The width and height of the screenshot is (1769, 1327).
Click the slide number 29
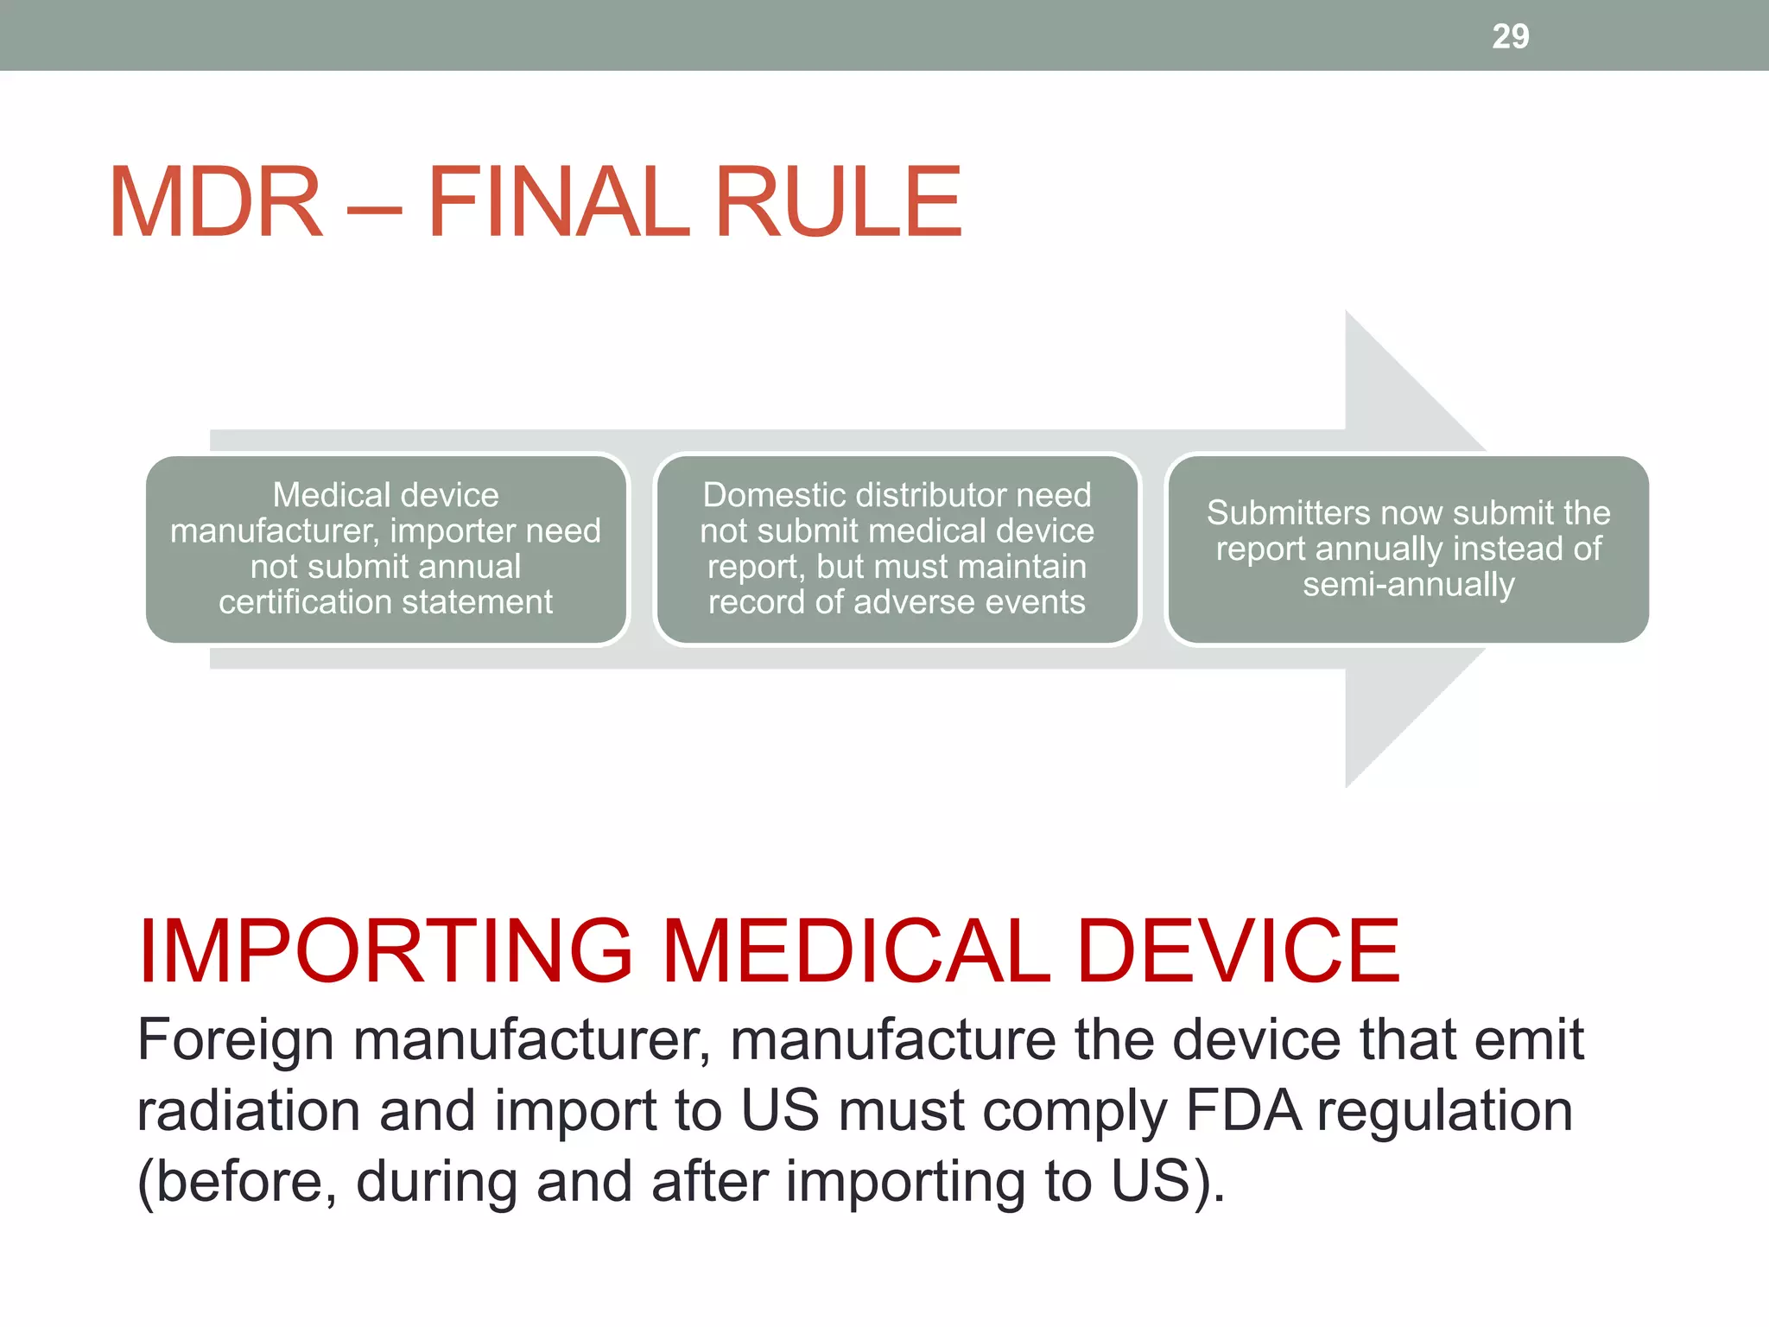1510,36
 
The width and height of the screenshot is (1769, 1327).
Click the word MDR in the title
216,203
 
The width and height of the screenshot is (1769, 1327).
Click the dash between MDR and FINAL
374,207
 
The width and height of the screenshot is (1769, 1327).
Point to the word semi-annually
1408,586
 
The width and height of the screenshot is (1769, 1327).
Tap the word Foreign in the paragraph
235,1040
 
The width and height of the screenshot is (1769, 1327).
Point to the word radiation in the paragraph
248,1111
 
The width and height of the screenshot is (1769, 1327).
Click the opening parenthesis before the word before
146,1183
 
